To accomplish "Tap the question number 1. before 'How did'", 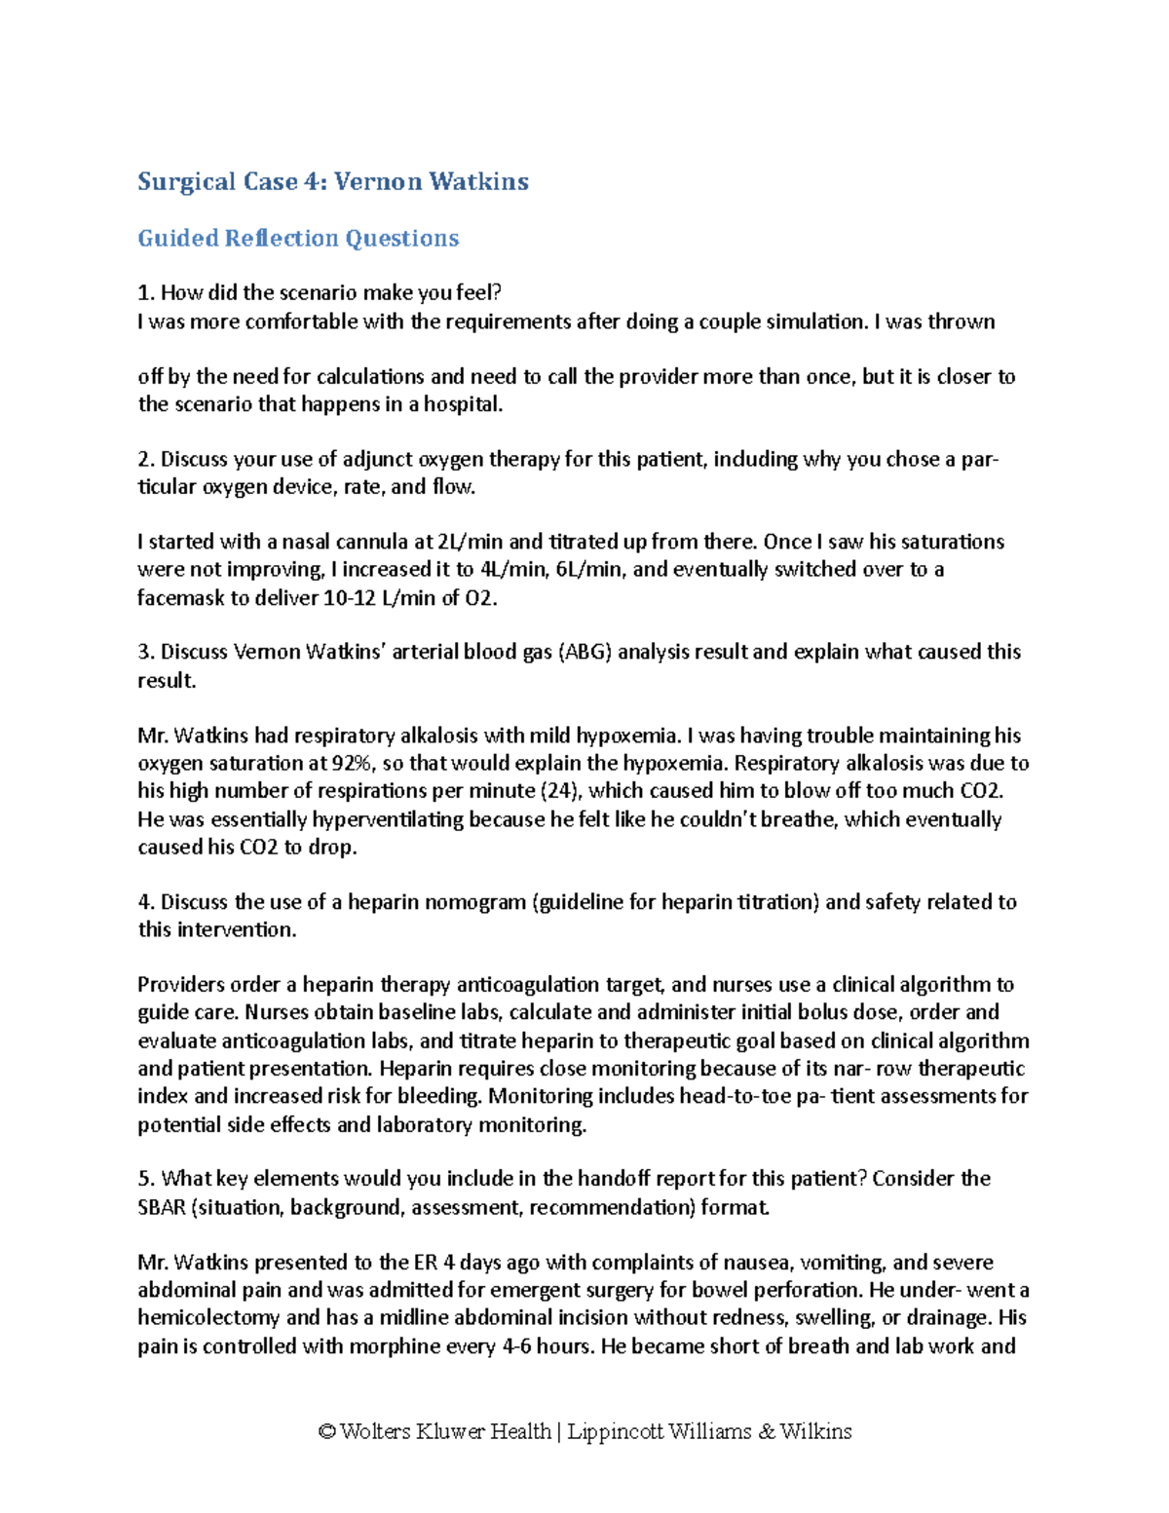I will tap(146, 293).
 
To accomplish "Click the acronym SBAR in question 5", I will tap(161, 1208).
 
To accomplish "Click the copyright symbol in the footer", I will tap(326, 1432).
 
